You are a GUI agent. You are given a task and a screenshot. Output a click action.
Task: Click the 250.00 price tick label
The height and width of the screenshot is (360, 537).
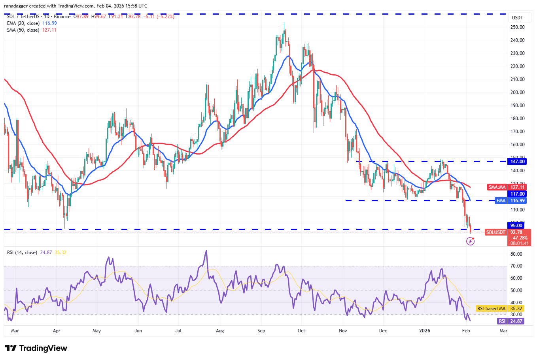tap(517, 27)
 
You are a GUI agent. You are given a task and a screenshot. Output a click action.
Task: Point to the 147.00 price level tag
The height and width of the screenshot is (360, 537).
tap(517, 162)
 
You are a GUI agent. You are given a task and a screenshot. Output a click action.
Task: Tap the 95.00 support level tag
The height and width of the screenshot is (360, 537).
tap(516, 226)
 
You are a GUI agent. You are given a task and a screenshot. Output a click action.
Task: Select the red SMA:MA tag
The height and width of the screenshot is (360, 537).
tap(497, 187)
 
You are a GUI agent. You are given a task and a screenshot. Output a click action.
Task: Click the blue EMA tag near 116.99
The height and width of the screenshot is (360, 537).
tap(501, 201)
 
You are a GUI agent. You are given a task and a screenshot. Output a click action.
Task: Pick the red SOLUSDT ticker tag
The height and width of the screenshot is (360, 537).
tap(496, 232)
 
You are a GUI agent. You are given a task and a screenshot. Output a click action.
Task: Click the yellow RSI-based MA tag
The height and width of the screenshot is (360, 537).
tap(491, 309)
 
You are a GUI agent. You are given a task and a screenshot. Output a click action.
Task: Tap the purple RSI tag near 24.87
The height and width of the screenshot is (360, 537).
tap(502, 321)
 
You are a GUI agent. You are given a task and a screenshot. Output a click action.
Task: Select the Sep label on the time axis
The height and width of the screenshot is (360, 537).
tap(261, 331)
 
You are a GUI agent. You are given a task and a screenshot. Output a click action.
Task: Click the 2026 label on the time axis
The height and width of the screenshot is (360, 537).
tap(425, 331)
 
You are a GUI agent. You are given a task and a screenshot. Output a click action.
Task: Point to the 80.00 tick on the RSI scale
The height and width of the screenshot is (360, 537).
tap(516, 254)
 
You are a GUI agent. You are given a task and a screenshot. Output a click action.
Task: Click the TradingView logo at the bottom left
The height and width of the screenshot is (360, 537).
tap(36, 348)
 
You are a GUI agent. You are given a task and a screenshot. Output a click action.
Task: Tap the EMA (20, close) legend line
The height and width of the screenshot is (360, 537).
tap(23, 23)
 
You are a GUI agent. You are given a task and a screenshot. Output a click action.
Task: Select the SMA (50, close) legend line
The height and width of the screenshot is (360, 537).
tap(23, 30)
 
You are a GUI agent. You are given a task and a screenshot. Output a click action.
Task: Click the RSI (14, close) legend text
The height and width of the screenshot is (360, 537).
tap(22, 253)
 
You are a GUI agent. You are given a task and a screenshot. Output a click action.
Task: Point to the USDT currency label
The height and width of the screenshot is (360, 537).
tap(517, 18)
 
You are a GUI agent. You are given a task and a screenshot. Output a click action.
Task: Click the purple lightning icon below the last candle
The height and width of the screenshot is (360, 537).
tap(470, 241)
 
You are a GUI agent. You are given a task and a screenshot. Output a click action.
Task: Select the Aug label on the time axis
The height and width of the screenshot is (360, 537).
tap(220, 331)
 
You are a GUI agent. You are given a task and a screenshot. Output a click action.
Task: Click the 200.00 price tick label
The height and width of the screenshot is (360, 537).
tap(517, 92)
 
